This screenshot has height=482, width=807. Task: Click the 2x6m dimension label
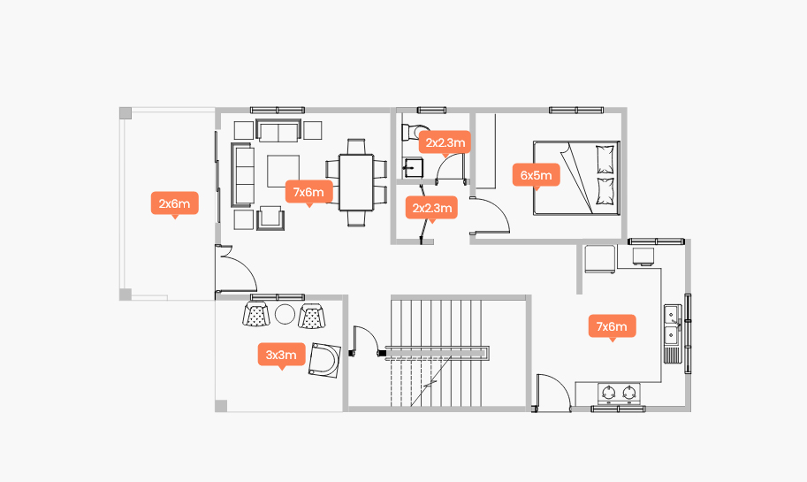point(174,203)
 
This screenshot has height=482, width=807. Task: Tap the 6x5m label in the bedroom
point(537,175)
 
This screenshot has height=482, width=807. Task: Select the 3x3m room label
point(281,355)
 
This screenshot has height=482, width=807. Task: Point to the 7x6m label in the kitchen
point(612,326)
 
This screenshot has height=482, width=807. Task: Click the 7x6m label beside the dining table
point(308,192)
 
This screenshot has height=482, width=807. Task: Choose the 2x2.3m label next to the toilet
point(445,142)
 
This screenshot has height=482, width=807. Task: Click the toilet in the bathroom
point(413,131)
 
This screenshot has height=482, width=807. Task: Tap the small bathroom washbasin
point(413,167)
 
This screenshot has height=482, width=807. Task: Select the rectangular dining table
point(355,182)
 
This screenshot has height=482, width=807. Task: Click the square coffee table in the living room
point(283,171)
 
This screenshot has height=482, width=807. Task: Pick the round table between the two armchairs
point(285,314)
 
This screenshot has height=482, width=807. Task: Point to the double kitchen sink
point(672,325)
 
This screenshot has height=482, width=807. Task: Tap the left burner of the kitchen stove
point(609,393)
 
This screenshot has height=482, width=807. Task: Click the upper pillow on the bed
point(605,159)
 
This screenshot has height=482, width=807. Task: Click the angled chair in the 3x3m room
point(324,360)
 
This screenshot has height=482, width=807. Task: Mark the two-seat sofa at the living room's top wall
point(278,130)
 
